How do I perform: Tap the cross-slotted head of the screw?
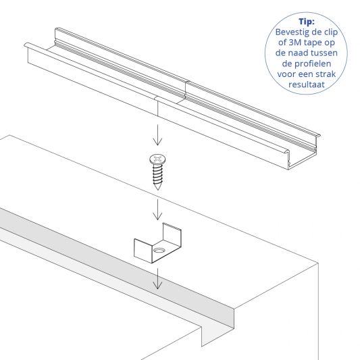pyautogui.click(x=157, y=160)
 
